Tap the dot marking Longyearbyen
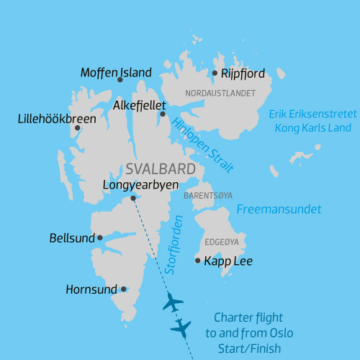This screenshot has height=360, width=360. point(133,198)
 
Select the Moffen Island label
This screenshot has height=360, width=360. point(116,73)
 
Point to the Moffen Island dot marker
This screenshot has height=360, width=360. point(120,79)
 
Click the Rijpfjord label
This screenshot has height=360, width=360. point(243,73)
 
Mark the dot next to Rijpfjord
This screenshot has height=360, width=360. point(215,73)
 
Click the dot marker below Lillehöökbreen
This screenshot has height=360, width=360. point(77,128)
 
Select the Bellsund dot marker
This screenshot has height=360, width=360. point(99,237)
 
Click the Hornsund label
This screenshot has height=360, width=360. point(91,290)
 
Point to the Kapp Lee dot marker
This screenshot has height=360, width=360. point(198,260)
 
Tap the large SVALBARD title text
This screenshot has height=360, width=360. point(161,170)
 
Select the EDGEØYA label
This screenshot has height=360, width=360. point(222,243)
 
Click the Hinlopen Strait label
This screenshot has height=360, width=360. point(204,145)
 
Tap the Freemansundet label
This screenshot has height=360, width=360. point(279,210)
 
